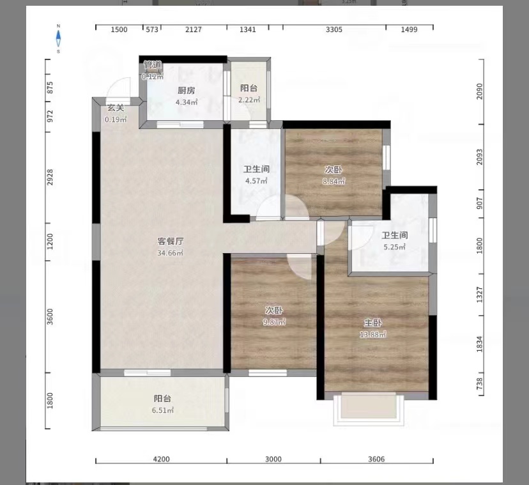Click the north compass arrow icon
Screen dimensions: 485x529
[x=59, y=38]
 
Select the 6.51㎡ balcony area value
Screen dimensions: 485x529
[x=162, y=410]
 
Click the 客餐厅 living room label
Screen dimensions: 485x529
[x=171, y=242]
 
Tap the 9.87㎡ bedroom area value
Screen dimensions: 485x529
[x=275, y=322]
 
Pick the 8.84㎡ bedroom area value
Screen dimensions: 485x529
[x=333, y=181]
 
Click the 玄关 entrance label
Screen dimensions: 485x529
[x=116, y=108]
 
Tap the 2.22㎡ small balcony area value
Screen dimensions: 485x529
[x=249, y=100]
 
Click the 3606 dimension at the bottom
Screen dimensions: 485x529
[x=378, y=459]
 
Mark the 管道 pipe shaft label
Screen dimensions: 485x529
[x=153, y=65]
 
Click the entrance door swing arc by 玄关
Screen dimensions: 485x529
[x=120, y=88]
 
